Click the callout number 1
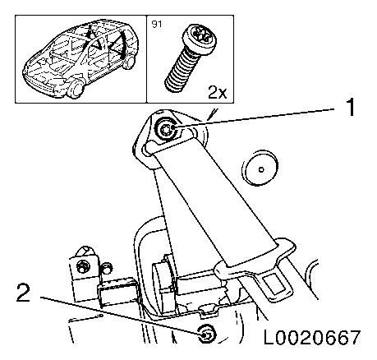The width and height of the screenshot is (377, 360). pyautogui.click(x=347, y=107)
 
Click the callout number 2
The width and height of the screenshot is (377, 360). pyautogui.click(x=23, y=293)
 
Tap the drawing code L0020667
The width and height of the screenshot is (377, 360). pyautogui.click(x=312, y=337)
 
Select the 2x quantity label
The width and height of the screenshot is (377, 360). pyautogui.click(x=217, y=93)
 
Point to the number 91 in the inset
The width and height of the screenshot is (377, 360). pyautogui.click(x=157, y=25)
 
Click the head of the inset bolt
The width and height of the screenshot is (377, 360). pyautogui.click(x=197, y=36)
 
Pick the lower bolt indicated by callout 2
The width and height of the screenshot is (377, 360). pyautogui.click(x=206, y=334)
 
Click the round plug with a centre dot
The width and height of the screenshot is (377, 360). pyautogui.click(x=261, y=168)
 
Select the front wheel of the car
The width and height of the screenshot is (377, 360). pyautogui.click(x=76, y=86)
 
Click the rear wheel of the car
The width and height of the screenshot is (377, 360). pyautogui.click(x=128, y=62)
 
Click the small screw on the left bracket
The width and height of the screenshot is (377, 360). pyautogui.click(x=81, y=266)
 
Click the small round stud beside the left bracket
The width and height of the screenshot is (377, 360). pyautogui.click(x=107, y=269)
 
